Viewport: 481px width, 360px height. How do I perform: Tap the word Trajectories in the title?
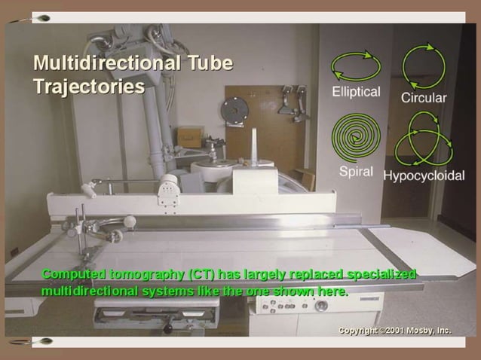click(x=89, y=86)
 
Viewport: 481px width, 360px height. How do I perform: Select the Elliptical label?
click(x=357, y=92)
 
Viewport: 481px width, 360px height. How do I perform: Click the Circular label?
click(x=424, y=98)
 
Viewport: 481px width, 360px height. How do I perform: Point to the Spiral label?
click(x=356, y=171)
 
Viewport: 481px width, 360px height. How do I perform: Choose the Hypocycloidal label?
click(x=424, y=175)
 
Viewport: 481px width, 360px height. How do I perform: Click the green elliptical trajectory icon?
click(x=357, y=66)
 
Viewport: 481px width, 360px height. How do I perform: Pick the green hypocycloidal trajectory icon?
click(x=424, y=139)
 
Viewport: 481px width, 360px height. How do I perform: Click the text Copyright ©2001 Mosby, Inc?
click(x=394, y=331)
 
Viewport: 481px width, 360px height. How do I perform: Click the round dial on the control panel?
click(x=321, y=307)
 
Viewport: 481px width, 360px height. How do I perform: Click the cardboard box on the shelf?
click(x=189, y=137)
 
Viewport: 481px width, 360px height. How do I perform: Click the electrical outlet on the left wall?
click(x=13, y=251)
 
